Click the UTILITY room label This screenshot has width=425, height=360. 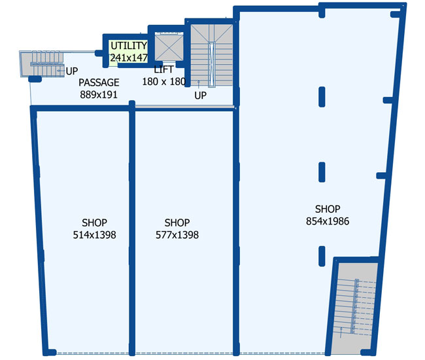(x=129, y=46)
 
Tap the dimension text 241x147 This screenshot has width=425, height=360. (x=129, y=58)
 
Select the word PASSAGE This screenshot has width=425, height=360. (x=99, y=82)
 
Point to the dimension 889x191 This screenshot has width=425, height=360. (x=99, y=95)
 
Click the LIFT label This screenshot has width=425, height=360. (x=163, y=70)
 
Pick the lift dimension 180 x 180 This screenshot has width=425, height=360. (x=164, y=82)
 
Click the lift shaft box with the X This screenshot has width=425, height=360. (x=169, y=47)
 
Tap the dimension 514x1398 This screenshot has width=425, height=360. (x=94, y=235)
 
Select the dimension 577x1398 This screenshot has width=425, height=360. (x=177, y=235)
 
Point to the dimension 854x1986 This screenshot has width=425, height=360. (x=328, y=221)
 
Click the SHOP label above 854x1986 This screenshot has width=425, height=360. (x=328, y=209)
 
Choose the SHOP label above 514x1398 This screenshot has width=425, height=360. (x=94, y=223)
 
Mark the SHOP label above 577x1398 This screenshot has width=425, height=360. (x=177, y=223)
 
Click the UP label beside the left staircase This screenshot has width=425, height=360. (x=72, y=71)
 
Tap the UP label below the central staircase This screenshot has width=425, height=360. (x=201, y=96)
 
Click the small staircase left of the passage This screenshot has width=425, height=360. (x=42, y=64)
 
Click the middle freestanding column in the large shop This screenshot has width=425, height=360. (x=322, y=172)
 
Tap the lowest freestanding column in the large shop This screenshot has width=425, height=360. (x=322, y=256)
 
